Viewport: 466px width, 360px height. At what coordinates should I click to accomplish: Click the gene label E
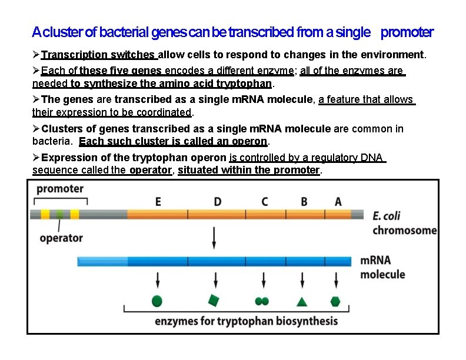(158, 201)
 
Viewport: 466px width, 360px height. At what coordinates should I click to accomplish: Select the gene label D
(218, 201)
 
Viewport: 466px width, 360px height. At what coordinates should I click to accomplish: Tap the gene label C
(265, 201)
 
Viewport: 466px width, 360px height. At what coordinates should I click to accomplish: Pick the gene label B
(304, 201)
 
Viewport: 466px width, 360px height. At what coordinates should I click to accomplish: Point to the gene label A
(338, 201)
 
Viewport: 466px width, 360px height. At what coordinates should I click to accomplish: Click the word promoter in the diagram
(60, 189)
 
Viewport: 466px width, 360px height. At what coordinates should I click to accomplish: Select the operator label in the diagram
(61, 238)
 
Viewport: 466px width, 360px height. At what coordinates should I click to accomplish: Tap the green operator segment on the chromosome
(60, 214)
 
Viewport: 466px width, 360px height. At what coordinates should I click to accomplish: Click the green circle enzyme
(157, 301)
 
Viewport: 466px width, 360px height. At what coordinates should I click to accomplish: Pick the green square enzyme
(214, 301)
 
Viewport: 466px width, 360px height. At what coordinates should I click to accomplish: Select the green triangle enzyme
(302, 302)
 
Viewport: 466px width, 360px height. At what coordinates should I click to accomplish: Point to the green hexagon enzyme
(335, 301)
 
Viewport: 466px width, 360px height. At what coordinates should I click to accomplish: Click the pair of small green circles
(262, 301)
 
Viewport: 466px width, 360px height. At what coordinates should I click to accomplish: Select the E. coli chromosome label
(404, 223)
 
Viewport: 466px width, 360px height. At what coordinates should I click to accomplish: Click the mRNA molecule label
(382, 267)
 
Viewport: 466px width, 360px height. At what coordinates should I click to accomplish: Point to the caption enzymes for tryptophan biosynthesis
(246, 321)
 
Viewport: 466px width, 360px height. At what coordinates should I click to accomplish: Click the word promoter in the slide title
(407, 32)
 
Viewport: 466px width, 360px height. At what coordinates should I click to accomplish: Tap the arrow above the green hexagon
(335, 279)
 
